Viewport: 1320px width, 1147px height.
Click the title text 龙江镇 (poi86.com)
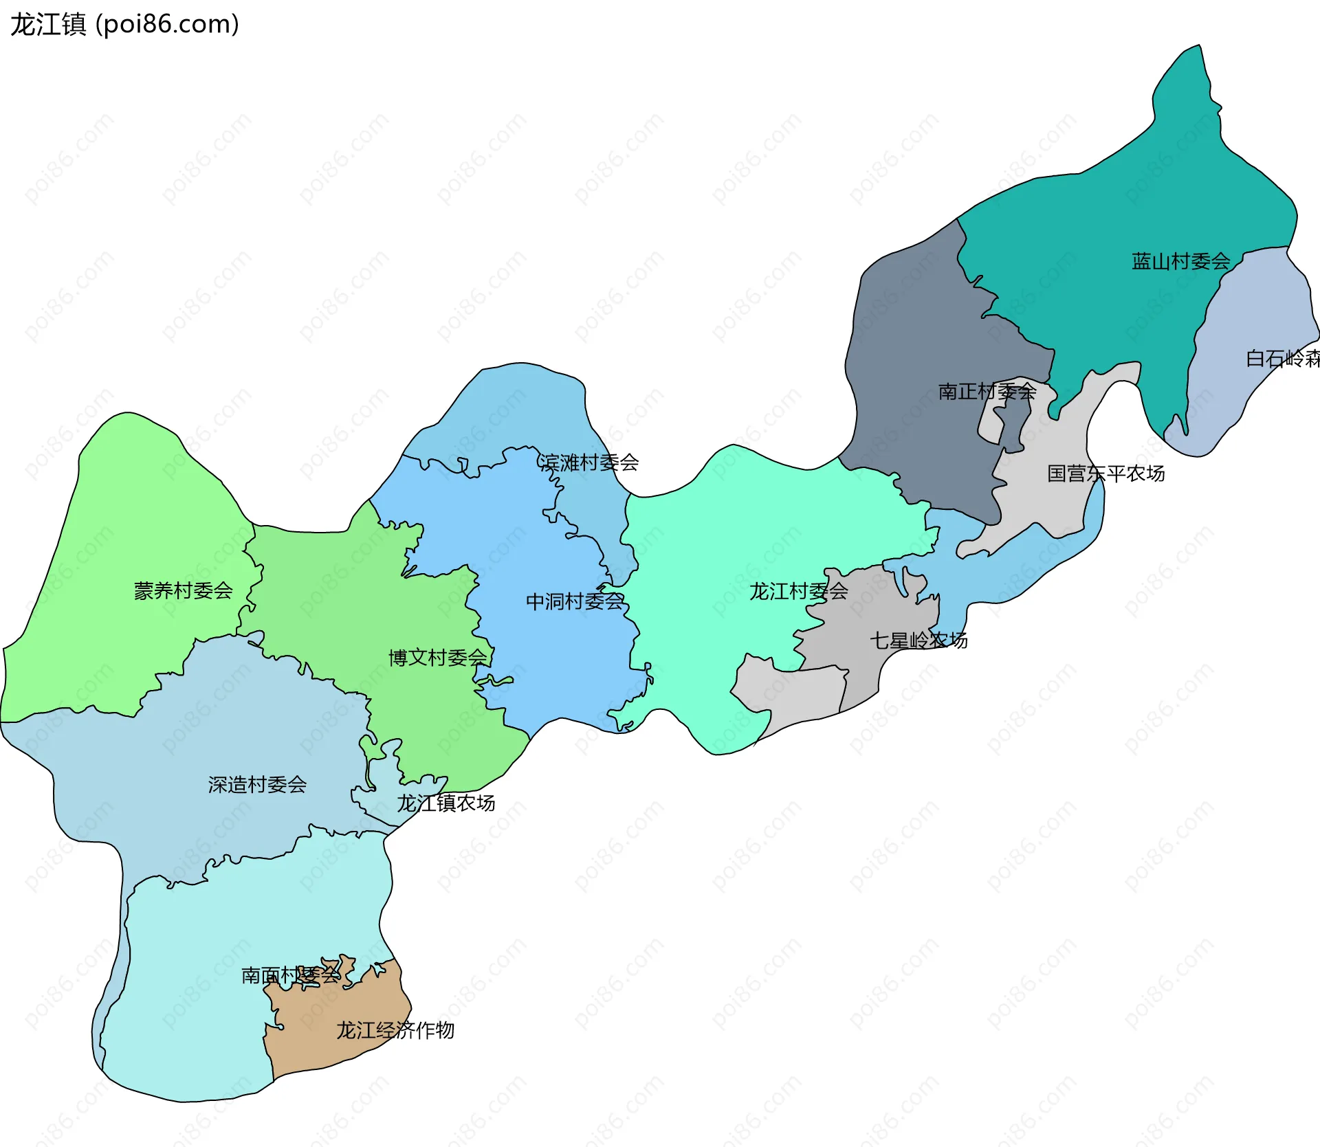[124, 24]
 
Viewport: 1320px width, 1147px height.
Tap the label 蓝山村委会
[1180, 261]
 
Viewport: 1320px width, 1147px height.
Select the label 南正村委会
[987, 392]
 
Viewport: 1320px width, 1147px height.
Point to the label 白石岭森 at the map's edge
[1282, 359]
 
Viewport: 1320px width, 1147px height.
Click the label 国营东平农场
[1105, 474]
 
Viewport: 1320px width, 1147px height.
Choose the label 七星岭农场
[918, 641]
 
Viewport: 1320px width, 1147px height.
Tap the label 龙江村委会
[798, 591]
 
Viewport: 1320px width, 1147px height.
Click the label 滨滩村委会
[588, 463]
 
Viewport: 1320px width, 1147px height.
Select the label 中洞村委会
[575, 602]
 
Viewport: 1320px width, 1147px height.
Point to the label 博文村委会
[438, 658]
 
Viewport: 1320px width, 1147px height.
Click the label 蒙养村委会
[183, 590]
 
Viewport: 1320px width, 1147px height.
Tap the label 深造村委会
[257, 785]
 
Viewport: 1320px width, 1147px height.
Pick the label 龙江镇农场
[445, 803]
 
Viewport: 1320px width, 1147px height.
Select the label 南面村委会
[290, 975]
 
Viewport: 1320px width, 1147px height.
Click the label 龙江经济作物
[395, 1030]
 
